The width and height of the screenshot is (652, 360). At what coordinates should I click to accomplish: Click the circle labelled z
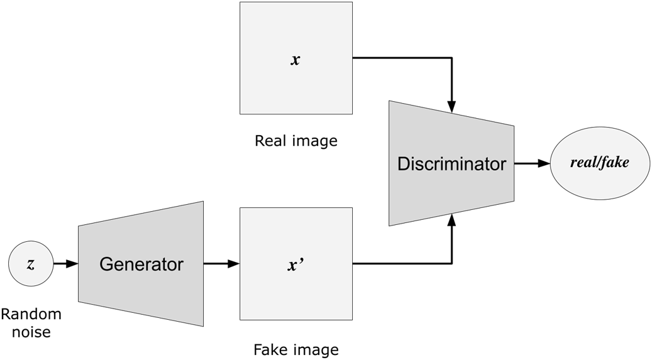31,264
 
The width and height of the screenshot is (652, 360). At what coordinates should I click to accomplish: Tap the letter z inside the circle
31,265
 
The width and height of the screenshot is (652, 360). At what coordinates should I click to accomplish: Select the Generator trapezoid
141,264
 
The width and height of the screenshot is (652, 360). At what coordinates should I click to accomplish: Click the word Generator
141,265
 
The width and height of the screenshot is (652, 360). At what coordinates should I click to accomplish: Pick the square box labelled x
296,58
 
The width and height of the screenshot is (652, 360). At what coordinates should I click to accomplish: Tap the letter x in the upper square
296,61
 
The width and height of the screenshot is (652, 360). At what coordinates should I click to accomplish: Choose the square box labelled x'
296,264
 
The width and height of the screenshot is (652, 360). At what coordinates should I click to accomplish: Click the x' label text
296,265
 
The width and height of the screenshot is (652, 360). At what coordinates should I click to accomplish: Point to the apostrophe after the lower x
304,262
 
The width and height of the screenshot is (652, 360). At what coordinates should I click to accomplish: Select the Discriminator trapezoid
451,163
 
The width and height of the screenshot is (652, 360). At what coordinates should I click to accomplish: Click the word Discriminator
451,164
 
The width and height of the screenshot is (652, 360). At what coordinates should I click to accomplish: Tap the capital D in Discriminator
403,164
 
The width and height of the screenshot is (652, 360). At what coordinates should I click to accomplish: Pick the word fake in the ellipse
616,163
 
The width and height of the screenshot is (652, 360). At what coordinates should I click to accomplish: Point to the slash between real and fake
599,163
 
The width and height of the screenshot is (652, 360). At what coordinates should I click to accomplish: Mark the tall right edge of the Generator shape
203,264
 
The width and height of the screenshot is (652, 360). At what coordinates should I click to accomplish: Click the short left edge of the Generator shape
79,264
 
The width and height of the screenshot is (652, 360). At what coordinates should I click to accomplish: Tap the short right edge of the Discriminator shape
513,163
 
